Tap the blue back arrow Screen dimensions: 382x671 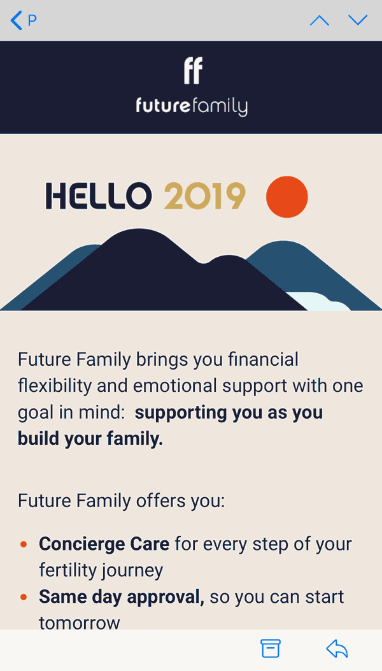[17, 20]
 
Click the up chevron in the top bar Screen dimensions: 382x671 [320, 20]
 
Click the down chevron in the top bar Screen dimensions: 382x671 [358, 20]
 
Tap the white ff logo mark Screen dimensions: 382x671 [193, 71]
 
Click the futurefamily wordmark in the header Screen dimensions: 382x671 [192, 106]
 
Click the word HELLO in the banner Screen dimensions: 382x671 [99, 196]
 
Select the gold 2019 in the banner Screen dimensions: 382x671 [204, 196]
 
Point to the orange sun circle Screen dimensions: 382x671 [286, 196]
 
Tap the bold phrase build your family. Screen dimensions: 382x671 [90, 440]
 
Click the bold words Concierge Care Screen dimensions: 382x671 [104, 544]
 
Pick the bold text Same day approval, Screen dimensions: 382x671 [122, 597]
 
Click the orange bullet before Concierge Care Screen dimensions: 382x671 [24, 545]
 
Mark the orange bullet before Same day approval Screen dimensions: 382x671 [24, 597]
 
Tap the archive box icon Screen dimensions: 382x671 [271, 649]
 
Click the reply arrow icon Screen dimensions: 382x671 [337, 649]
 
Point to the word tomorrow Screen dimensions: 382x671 [80, 623]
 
